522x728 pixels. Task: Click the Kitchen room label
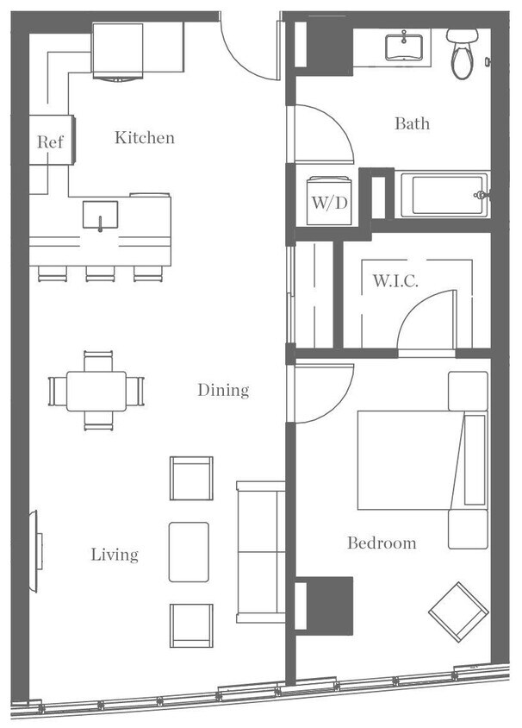(x=145, y=138)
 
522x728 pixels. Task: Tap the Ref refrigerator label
(x=50, y=142)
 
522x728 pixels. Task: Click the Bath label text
(x=412, y=124)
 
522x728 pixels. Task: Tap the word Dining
(x=223, y=391)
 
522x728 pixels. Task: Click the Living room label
(x=115, y=555)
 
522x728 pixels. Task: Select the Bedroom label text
(x=382, y=543)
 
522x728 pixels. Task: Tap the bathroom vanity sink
(x=402, y=44)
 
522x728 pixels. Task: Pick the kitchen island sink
(x=101, y=214)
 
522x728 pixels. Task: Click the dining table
(x=96, y=391)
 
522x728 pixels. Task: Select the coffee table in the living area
(x=189, y=551)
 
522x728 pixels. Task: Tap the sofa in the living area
(x=259, y=551)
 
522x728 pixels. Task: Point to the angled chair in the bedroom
(x=458, y=611)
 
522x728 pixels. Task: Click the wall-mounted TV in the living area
(x=36, y=552)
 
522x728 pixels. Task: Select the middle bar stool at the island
(x=100, y=273)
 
